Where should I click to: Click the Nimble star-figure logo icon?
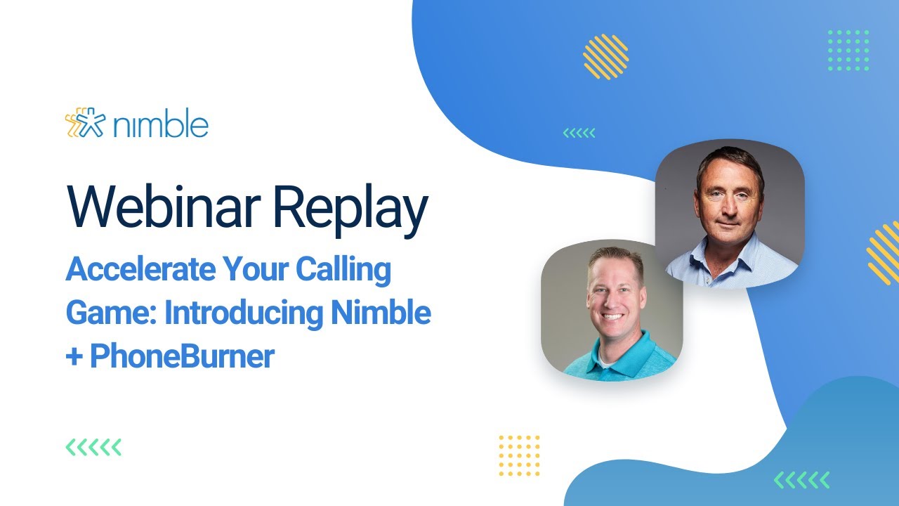pyautogui.click(x=83, y=124)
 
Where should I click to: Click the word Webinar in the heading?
pyautogui.click(x=163, y=205)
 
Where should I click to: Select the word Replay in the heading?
pyautogui.click(x=349, y=205)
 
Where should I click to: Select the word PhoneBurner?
pyautogui.click(x=182, y=357)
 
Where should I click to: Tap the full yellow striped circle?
pyautogui.click(x=605, y=56)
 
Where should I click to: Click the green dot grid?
pyautogui.click(x=848, y=50)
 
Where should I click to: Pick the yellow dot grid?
pyautogui.click(x=519, y=455)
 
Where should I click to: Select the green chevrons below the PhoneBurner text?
pyautogui.click(x=93, y=447)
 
